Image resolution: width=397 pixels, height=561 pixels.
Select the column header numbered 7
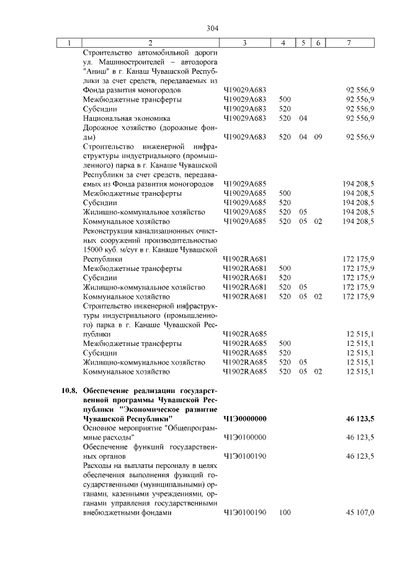(x=351, y=43)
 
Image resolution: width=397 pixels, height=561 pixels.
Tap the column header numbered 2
(x=149, y=43)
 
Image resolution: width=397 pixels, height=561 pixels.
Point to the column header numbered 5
(x=303, y=43)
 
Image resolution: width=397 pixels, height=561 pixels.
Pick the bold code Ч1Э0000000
(x=244, y=420)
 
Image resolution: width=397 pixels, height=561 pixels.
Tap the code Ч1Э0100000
(x=244, y=438)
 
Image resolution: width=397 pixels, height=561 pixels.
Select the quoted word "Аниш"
(x=94, y=71)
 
